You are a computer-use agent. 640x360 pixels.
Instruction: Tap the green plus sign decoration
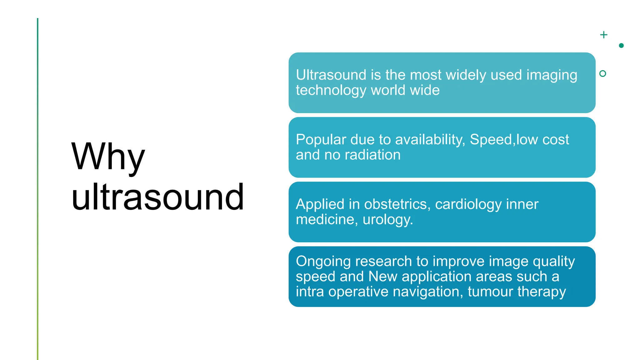coord(604,35)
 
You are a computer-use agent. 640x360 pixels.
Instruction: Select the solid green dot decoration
coord(621,46)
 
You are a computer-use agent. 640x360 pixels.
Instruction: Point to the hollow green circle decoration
coord(603,73)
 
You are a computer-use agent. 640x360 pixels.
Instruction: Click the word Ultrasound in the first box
coord(331,75)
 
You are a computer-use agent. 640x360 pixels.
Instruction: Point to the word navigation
coord(428,292)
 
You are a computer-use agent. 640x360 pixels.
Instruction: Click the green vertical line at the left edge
coord(38,187)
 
